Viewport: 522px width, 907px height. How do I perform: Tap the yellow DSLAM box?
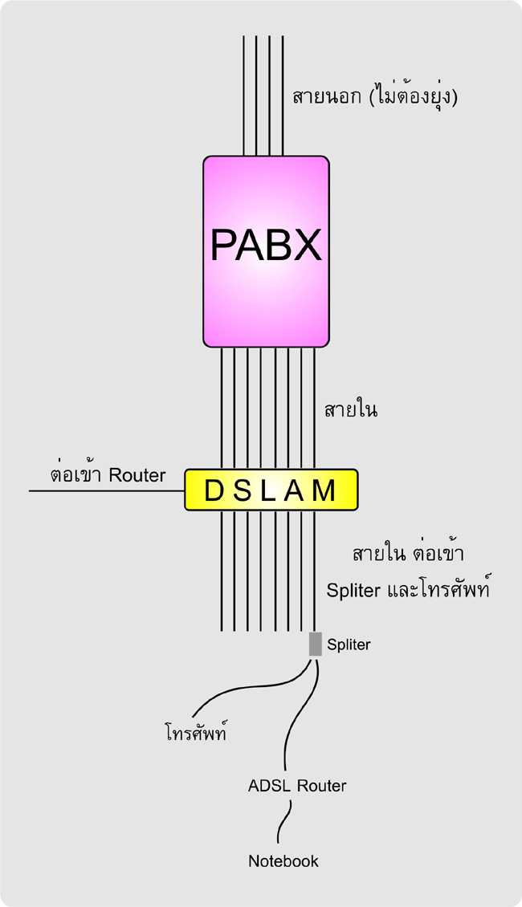click(271, 490)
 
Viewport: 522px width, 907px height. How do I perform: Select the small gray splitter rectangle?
click(315, 644)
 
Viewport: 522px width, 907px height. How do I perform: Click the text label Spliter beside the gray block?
click(349, 644)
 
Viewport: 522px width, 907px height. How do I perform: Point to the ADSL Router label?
click(297, 785)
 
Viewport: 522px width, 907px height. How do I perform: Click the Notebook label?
click(283, 861)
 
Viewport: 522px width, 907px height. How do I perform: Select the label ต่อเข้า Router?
click(108, 474)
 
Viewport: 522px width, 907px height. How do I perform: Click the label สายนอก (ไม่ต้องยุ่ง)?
click(380, 98)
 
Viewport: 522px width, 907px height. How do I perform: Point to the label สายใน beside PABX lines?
click(351, 411)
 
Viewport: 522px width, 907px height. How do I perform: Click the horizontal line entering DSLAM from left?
click(104, 490)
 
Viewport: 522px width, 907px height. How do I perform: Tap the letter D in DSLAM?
click(214, 490)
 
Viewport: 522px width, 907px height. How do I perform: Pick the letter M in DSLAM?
click(324, 490)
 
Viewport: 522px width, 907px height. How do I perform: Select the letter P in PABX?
click(224, 244)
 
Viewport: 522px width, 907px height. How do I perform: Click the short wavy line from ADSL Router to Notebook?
click(283, 823)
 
